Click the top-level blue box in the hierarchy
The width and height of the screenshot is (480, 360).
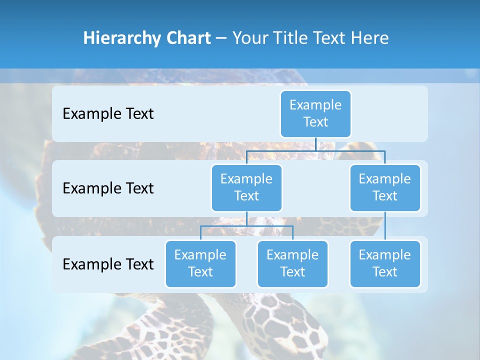click(315, 113)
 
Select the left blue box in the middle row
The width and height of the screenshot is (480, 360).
click(246, 187)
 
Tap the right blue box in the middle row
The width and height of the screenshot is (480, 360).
click(385, 187)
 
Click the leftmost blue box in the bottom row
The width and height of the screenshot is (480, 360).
click(200, 263)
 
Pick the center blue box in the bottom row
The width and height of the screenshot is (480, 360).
click(292, 263)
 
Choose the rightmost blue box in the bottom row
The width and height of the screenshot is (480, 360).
click(385, 263)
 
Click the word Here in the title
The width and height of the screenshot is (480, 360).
click(370, 38)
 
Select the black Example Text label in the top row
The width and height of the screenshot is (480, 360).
click(108, 114)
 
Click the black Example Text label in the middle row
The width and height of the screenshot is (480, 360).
click(108, 188)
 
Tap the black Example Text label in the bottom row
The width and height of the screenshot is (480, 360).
click(108, 264)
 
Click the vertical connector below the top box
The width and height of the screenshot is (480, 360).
click(315, 144)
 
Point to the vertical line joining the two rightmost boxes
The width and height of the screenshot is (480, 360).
click(385, 226)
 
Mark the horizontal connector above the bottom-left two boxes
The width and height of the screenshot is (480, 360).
click(246, 226)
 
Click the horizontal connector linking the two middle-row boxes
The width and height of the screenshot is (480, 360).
click(315, 150)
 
